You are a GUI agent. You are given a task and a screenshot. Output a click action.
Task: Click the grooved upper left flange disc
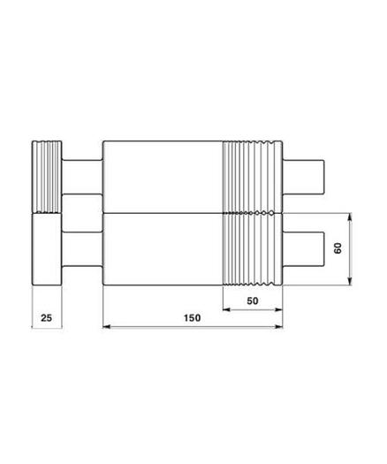pos(47,176)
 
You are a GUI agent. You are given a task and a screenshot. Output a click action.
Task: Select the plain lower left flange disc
pos(47,249)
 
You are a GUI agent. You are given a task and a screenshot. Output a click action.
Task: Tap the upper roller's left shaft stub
pos(83,177)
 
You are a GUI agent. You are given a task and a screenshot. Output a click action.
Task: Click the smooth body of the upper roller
pos(163,176)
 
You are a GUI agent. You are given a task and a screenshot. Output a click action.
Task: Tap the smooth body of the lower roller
pos(163,249)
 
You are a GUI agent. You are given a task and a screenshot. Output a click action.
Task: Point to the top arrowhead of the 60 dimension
pos(352,217)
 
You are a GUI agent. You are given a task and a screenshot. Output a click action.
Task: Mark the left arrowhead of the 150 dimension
pos(108,327)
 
